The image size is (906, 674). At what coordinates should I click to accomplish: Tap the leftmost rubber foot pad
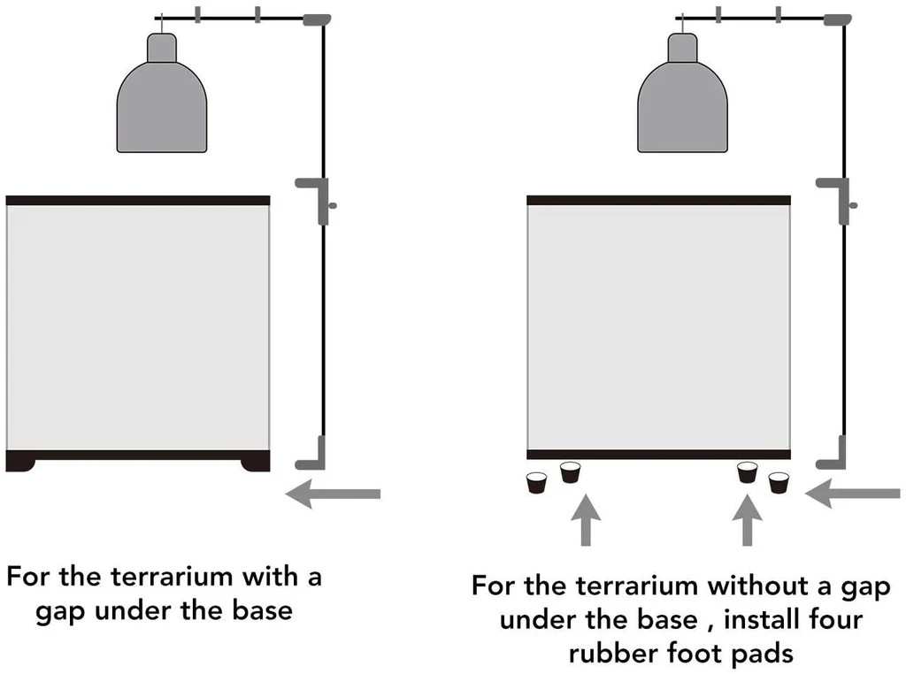[536, 483]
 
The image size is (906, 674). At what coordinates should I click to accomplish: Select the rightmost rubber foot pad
[779, 483]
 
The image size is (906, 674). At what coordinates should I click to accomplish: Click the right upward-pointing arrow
[748, 522]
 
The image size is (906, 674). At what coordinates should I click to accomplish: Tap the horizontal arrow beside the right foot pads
[853, 493]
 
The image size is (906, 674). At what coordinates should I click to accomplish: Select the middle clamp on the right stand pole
[836, 196]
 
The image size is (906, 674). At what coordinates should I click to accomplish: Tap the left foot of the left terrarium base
[20, 462]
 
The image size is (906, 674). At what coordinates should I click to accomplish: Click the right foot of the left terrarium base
[256, 462]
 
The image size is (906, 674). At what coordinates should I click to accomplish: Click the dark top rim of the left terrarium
[137, 201]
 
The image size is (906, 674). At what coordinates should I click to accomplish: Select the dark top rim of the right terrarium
[658, 201]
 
